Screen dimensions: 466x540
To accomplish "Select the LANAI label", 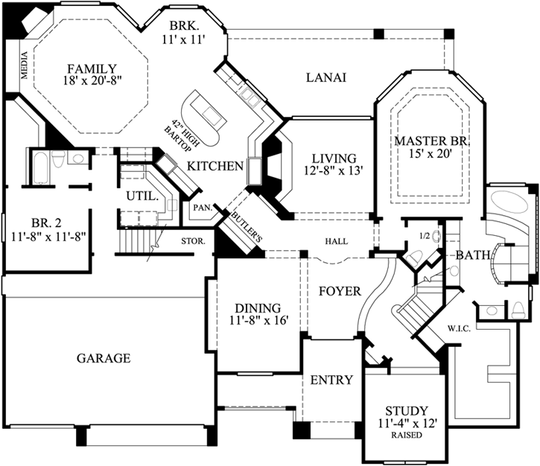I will pos(326,77).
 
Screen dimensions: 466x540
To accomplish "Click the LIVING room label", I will pos(334,158).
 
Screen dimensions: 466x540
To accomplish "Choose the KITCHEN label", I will pos(216,165).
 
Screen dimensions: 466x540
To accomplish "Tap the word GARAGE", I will pos(104,358).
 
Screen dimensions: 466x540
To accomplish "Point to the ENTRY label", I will pos(331,380).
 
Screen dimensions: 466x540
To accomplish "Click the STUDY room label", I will pos(406,410).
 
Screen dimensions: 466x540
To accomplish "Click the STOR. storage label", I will pos(193,240).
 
